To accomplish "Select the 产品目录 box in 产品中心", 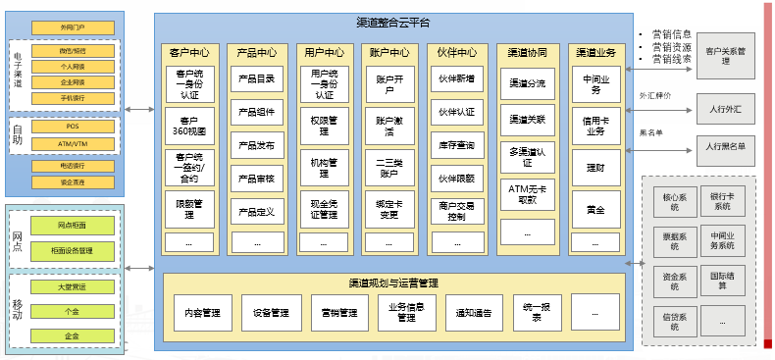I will click(x=255, y=79).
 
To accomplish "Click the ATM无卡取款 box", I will click(x=528, y=192).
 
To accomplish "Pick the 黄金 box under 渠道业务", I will click(x=595, y=209).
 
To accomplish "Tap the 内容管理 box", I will click(x=203, y=313).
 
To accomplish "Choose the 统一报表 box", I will click(x=532, y=313).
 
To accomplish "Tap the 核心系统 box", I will click(x=671, y=202).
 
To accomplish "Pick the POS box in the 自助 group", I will click(x=73, y=127).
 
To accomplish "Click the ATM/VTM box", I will click(x=73, y=144).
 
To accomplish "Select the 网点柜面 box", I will click(x=73, y=226).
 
